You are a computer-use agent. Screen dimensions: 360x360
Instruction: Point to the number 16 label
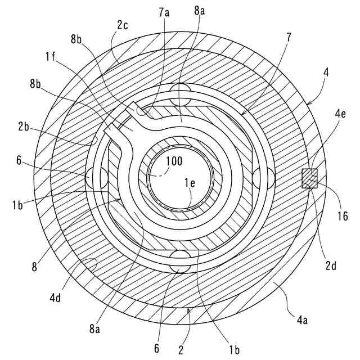click(x=343, y=215)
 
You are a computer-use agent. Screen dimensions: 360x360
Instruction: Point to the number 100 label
click(x=174, y=161)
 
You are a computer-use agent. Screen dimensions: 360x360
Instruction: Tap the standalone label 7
click(x=289, y=38)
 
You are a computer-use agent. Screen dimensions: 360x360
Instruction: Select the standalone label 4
click(x=326, y=73)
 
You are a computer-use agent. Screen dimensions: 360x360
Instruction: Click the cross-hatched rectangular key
click(x=310, y=178)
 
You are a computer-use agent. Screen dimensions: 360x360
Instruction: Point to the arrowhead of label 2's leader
click(x=188, y=309)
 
